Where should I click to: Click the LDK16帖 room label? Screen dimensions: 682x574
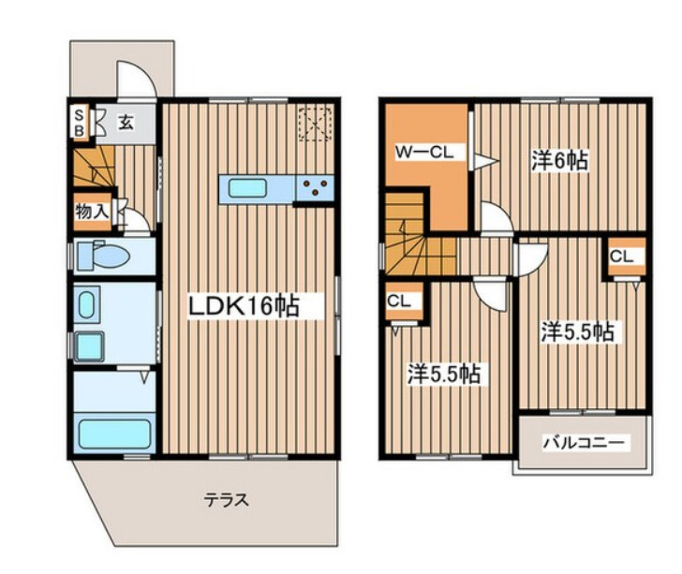tap(244, 305)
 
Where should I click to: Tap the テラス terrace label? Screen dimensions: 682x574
tap(227, 500)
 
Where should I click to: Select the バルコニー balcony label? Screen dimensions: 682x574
tap(584, 443)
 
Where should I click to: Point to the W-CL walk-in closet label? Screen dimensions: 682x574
tap(424, 153)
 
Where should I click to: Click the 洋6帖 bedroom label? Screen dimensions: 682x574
tap(559, 160)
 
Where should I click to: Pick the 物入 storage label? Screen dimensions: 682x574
tap(92, 212)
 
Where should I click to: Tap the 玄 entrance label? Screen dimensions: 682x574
tap(126, 123)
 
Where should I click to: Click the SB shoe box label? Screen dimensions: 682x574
tap(79, 124)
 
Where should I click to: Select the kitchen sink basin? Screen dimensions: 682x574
tap(247, 189)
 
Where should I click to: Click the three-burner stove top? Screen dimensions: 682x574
tap(316, 188)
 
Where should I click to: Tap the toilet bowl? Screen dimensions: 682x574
tap(103, 257)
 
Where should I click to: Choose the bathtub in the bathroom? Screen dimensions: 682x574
tap(115, 434)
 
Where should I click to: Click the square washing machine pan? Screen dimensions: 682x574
tap(89, 346)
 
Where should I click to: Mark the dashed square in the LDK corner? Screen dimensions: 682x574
tap(316, 124)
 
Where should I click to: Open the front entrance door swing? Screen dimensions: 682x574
tap(136, 80)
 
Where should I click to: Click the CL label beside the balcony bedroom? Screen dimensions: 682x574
tap(621, 257)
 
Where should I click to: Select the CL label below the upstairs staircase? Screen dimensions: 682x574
tap(399, 301)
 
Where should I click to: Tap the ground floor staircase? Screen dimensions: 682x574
tap(94, 167)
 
